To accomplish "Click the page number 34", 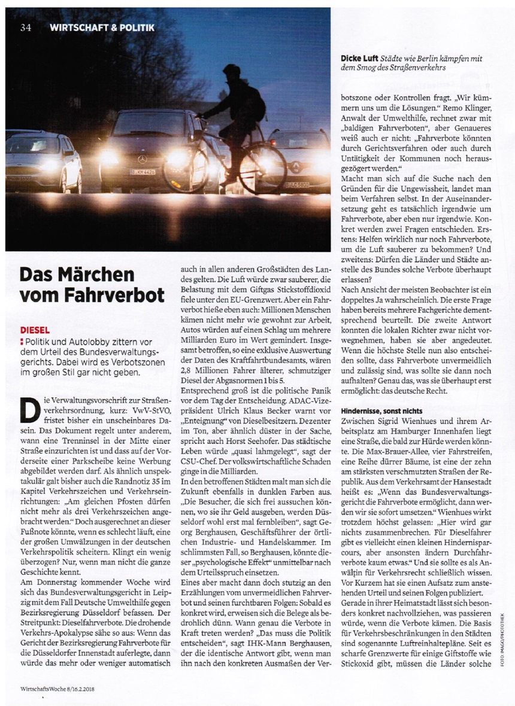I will (25, 27).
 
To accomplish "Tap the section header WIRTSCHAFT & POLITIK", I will (102, 27).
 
